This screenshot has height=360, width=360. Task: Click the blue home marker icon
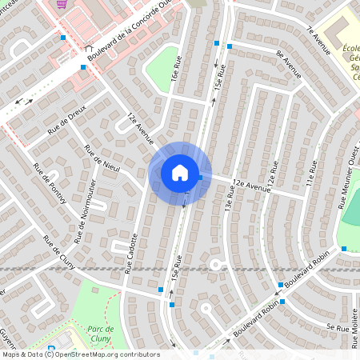click(x=180, y=173)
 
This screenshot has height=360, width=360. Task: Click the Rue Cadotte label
click(x=130, y=253)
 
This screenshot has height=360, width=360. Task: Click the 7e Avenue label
click(x=318, y=39)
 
